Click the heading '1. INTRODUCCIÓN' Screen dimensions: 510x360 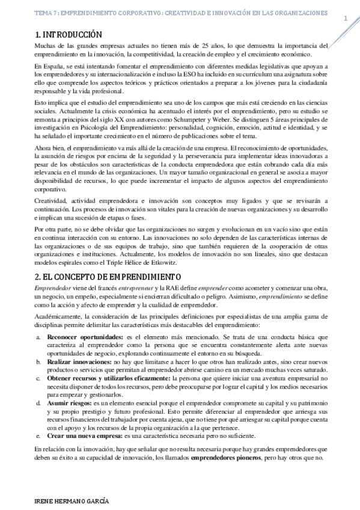pos(68,35)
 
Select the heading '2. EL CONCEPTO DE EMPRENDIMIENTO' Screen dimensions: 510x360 pos(107,277)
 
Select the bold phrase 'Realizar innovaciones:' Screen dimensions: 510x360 pos(79,363)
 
